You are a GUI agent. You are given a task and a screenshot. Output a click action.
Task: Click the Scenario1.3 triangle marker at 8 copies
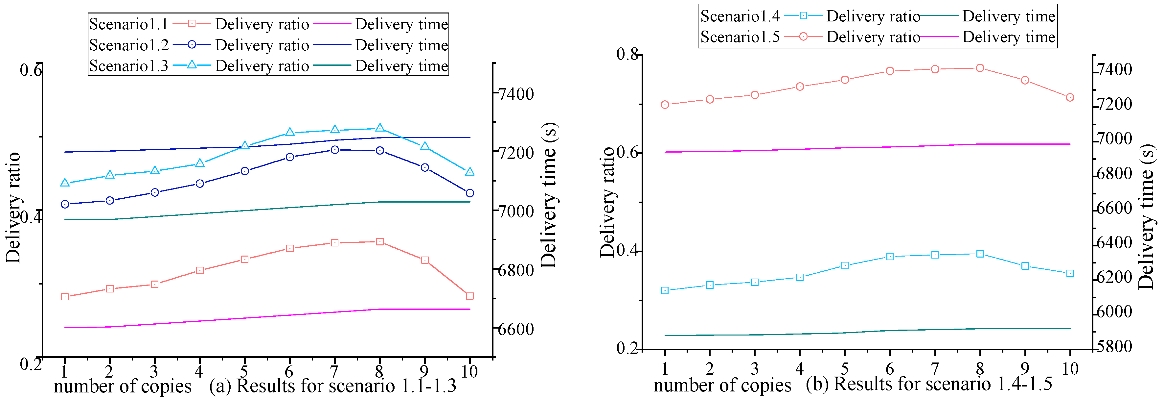[x=379, y=128]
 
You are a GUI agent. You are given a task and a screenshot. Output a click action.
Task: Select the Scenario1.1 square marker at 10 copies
[x=469, y=296]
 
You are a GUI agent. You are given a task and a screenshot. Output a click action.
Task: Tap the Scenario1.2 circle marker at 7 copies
[x=335, y=150]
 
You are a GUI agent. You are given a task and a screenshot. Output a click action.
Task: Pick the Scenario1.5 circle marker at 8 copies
[x=980, y=68]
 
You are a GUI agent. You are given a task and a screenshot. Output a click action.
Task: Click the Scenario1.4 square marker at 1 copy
[x=665, y=290]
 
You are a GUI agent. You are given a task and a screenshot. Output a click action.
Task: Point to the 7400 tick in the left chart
[x=515, y=94]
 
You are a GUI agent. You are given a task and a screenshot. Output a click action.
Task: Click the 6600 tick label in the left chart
[x=515, y=329]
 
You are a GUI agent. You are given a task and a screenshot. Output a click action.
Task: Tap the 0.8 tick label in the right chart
[x=627, y=54]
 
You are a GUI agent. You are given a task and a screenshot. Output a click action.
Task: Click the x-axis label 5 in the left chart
[x=244, y=371]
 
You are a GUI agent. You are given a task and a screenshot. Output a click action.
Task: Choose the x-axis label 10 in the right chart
[x=1070, y=369]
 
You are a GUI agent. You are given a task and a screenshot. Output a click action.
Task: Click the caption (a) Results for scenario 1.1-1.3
[x=332, y=386]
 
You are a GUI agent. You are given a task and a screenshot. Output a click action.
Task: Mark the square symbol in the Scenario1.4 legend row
[x=803, y=16]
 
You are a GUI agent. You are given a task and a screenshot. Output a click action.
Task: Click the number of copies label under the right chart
[x=722, y=385]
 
